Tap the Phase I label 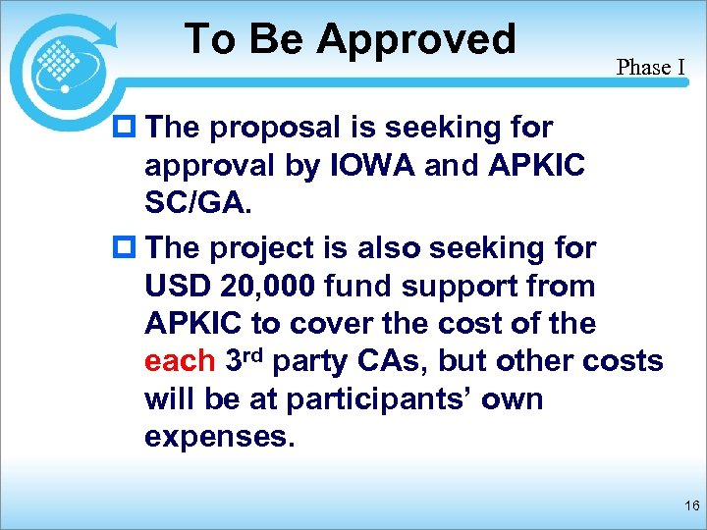[x=650, y=68]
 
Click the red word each [x=179, y=361]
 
